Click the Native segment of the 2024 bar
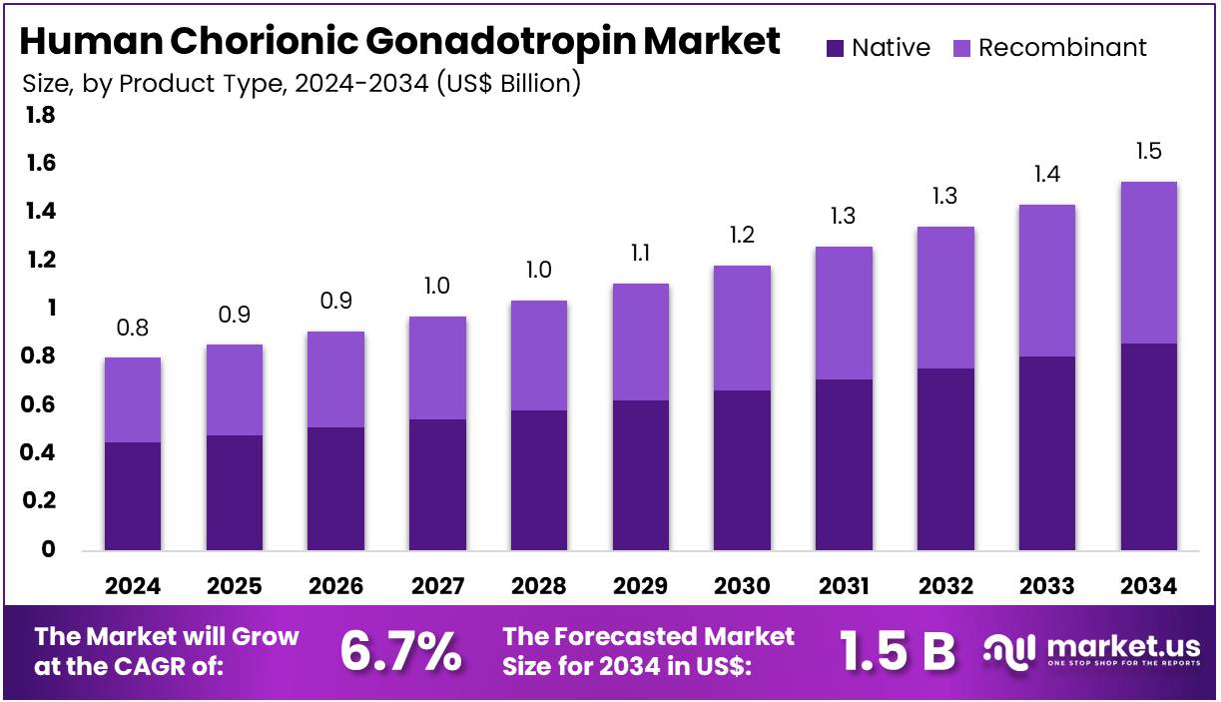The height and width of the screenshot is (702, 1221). point(133,495)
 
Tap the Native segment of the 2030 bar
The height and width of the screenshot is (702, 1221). point(742,469)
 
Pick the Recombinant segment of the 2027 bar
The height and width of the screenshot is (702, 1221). point(437,367)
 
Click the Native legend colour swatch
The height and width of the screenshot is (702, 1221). point(835,48)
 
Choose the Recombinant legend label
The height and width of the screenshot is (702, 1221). point(1062,48)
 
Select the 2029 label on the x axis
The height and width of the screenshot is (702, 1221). point(640,586)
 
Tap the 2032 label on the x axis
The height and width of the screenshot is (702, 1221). point(944,586)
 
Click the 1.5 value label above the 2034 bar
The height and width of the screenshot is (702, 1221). point(1148,152)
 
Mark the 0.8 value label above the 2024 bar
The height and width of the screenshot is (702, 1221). point(133,328)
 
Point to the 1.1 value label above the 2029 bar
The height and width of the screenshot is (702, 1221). point(640,254)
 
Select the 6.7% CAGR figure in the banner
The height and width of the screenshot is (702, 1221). point(400,652)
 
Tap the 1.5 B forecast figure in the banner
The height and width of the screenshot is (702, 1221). point(897,652)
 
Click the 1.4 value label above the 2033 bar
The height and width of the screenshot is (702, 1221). point(1046,175)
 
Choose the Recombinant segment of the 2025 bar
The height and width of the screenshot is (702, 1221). point(235,389)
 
